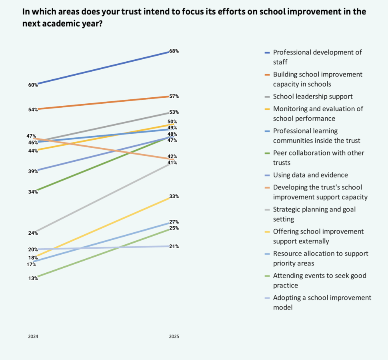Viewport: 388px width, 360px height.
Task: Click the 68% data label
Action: tap(174, 51)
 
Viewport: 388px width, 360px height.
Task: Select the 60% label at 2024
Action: tap(33, 85)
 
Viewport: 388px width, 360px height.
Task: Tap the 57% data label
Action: tap(174, 97)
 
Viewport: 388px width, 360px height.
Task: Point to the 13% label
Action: tap(33, 278)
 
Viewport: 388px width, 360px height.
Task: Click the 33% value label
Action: tap(174, 197)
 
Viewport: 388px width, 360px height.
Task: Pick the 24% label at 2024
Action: tap(33, 233)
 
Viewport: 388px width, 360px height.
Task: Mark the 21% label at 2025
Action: tap(174, 247)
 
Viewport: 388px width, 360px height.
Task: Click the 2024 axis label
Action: tap(33, 336)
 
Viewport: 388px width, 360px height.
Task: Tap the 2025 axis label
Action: tap(174, 336)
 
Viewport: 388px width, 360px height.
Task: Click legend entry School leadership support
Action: tap(312, 97)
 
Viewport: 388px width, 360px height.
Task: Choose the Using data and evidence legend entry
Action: tap(310, 175)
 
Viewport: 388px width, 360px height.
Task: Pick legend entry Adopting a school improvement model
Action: tap(322, 302)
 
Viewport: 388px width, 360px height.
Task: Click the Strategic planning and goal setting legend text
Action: tap(314, 214)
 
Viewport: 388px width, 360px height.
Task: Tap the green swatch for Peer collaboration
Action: tap(267, 153)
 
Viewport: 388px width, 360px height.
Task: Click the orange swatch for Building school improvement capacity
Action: tap(267, 74)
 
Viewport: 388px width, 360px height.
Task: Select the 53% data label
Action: tap(174, 112)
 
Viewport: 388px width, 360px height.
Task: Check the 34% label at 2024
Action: tap(33, 192)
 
